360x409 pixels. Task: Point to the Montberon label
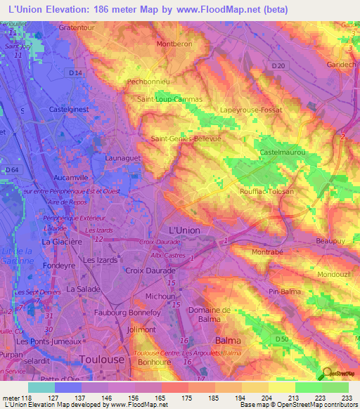pyautogui.click(x=174, y=44)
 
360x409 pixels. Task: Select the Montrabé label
pyautogui.click(x=269, y=251)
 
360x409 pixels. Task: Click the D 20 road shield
pyautogui.click(x=279, y=66)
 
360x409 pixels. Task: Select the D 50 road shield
pyautogui.click(x=283, y=339)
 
